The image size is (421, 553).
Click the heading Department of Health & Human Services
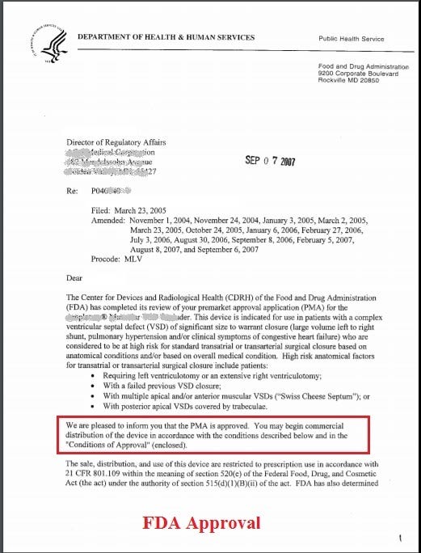pos(166,37)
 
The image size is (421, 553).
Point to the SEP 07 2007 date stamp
pos(270,161)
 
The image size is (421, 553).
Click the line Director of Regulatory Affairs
pos(116,142)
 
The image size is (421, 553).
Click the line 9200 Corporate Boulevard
pos(359,73)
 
